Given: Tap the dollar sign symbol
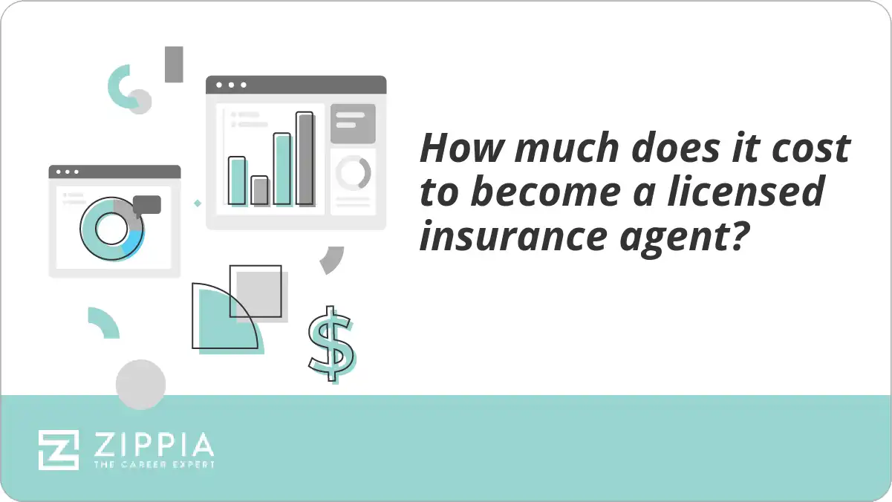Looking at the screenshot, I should (x=331, y=343).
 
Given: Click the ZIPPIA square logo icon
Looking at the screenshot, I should (x=59, y=449).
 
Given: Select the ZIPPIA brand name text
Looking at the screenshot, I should (x=153, y=446).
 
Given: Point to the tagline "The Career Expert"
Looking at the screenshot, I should (x=153, y=465).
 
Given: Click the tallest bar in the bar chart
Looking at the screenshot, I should (x=305, y=158).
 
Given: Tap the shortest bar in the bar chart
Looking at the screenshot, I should (x=259, y=190).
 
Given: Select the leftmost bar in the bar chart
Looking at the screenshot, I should (x=237, y=180).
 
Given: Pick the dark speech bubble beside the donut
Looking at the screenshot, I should (x=147, y=204).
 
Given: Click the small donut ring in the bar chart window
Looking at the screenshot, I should (x=353, y=172).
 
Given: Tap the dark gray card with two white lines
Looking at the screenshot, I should (x=353, y=123).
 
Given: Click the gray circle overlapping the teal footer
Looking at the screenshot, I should (x=140, y=385).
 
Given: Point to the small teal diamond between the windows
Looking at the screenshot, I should (x=198, y=203).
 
